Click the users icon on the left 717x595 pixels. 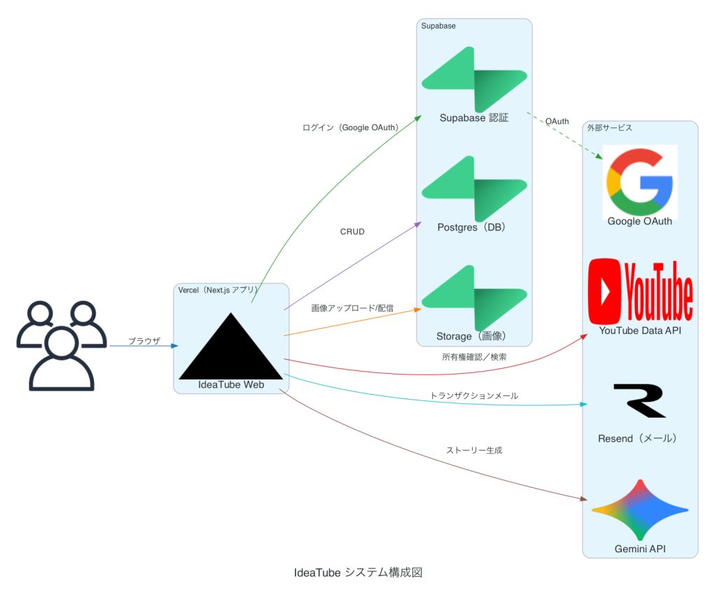click(55, 346)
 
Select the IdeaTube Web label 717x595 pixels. click(231, 384)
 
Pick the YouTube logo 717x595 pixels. click(641, 291)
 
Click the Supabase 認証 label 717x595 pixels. click(473, 118)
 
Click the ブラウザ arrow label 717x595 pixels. click(144, 341)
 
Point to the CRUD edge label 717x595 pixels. click(352, 232)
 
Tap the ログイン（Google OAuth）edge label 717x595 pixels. click(350, 128)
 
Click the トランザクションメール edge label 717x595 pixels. click(474, 395)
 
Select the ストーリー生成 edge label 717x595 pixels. click(474, 450)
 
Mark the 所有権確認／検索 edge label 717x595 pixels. click(474, 357)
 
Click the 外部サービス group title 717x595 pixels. click(610, 128)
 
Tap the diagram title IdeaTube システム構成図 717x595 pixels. click(358, 572)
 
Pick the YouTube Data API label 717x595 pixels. click(640, 330)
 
